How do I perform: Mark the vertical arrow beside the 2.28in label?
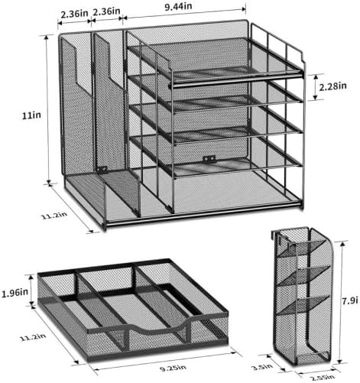[x=315, y=86]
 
